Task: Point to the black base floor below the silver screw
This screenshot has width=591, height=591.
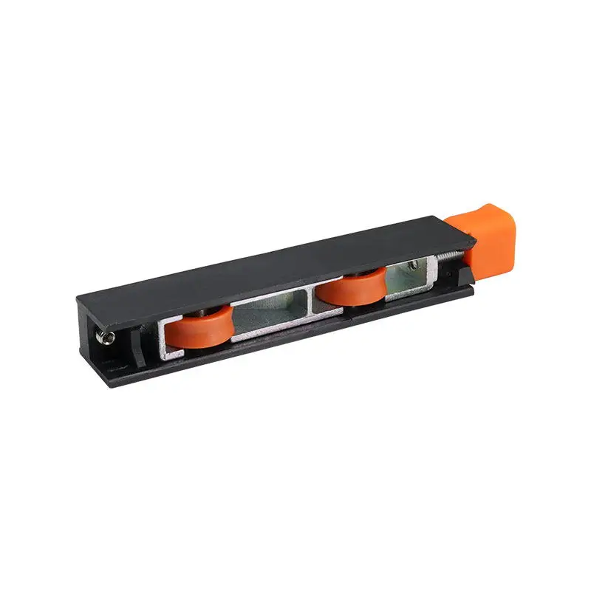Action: [111, 362]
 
